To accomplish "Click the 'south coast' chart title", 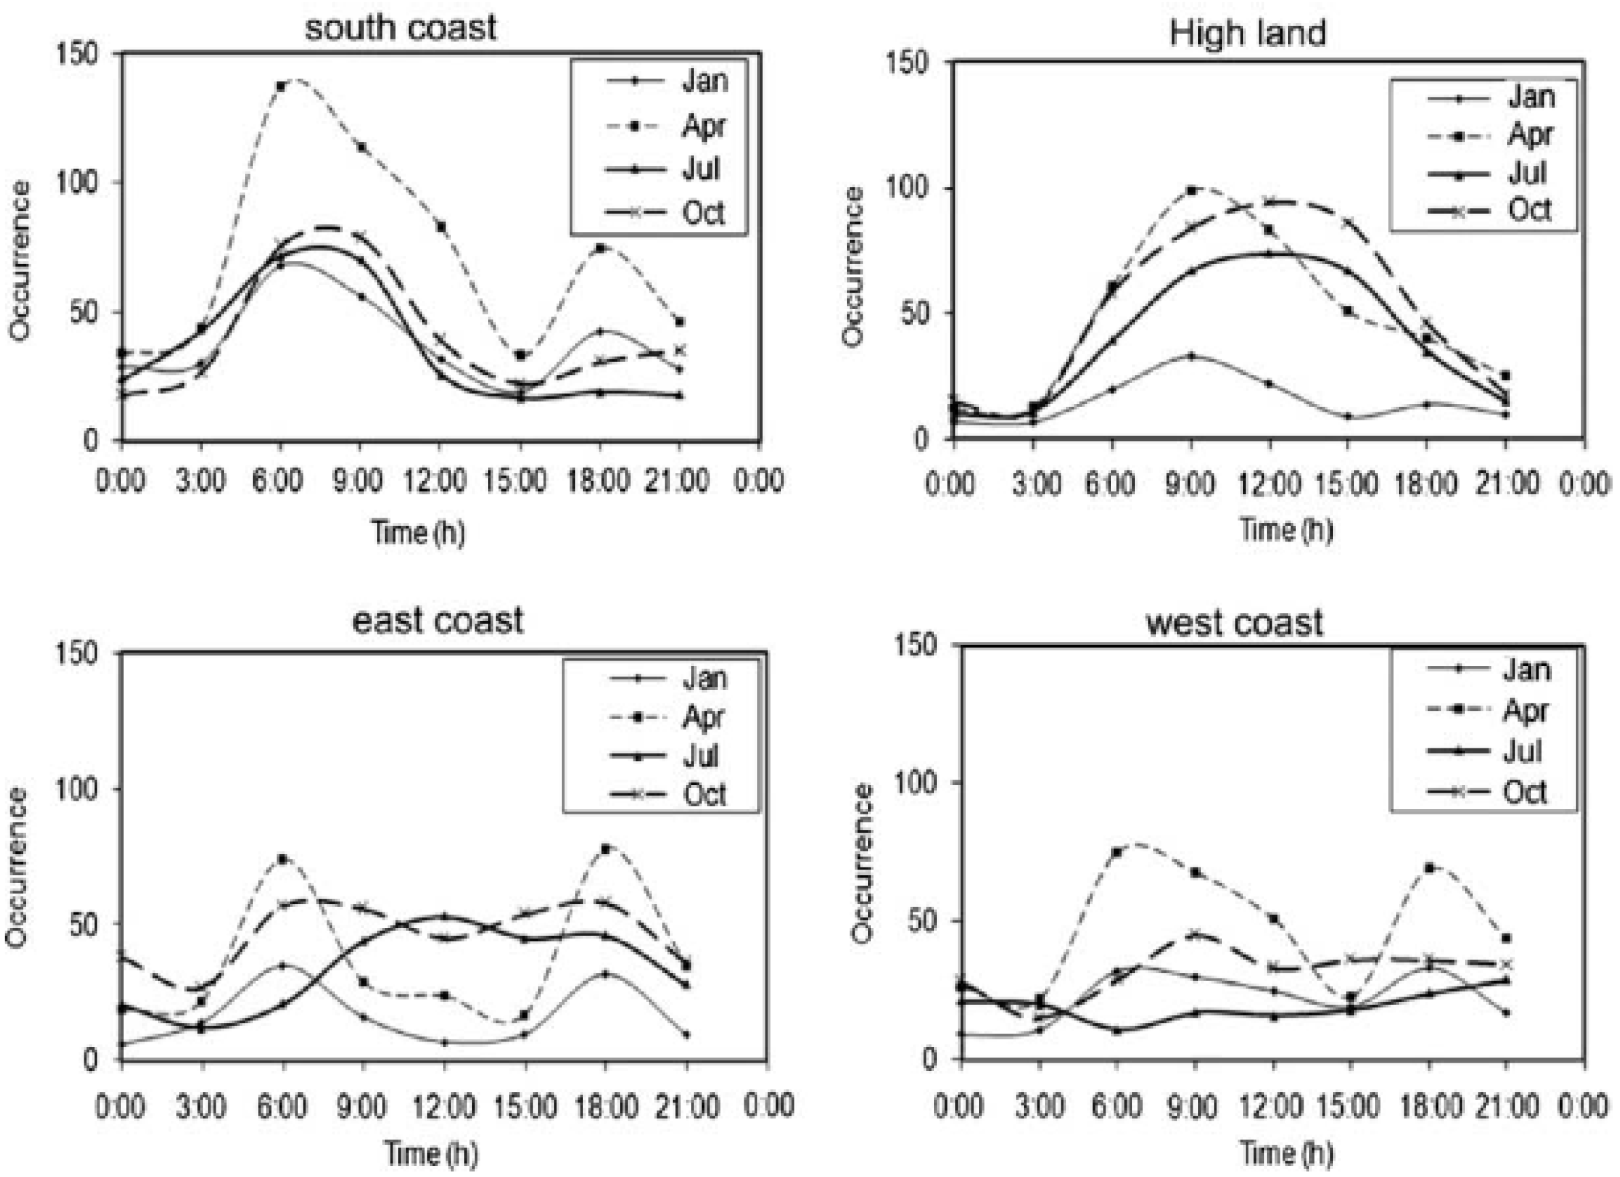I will click(x=401, y=29).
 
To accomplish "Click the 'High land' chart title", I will click(x=1247, y=33).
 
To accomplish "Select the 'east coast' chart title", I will click(x=438, y=620).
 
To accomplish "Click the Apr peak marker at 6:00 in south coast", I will click(x=281, y=86).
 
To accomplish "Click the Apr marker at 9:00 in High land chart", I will click(x=1191, y=190).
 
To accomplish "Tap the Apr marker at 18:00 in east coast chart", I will click(x=606, y=848).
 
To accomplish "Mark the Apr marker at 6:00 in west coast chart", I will click(x=1117, y=852).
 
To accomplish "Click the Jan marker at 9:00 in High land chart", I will click(x=1191, y=355).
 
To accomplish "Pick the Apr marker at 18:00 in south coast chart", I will click(x=600, y=248).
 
